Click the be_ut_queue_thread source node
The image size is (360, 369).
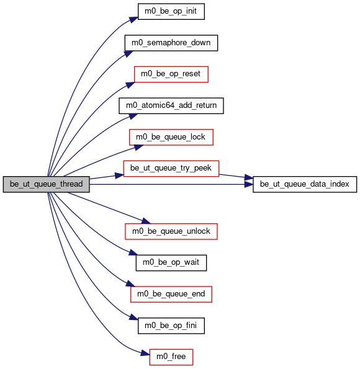46,184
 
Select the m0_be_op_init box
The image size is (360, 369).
171,11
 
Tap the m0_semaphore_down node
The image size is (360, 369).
171,43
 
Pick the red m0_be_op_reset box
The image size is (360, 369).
171,74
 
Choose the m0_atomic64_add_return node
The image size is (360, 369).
171,105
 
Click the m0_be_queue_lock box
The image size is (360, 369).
171,137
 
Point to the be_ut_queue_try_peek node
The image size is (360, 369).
171,169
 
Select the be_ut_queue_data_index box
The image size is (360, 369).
305,184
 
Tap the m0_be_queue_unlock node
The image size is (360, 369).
171,231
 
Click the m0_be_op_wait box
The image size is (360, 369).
171,262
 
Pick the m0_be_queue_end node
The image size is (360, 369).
171,294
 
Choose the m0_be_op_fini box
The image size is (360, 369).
171,326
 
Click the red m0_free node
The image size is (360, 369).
171,357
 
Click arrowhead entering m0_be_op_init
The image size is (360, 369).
133,19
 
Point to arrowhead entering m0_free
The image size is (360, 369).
145,353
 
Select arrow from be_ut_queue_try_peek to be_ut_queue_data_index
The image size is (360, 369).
236,176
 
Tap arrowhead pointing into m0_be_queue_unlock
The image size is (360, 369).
146,221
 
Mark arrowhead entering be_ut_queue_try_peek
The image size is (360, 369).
119,175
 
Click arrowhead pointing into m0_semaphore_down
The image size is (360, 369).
128,53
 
